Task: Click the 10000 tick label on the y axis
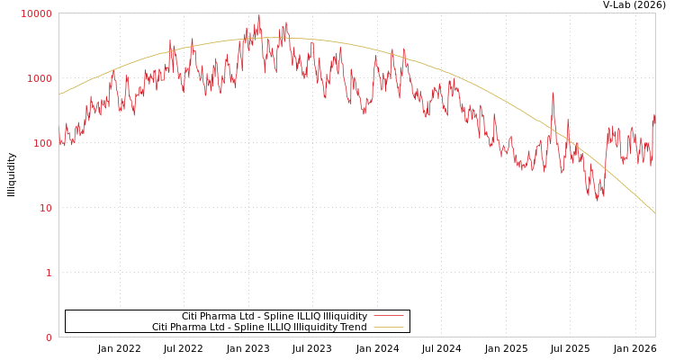click(37, 13)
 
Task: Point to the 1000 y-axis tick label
click(40, 78)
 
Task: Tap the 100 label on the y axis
click(41, 143)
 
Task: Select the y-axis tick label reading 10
click(44, 208)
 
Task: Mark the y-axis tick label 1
click(49, 273)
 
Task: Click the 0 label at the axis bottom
click(49, 337)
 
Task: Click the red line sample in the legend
click(388, 316)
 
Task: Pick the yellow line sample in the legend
click(388, 327)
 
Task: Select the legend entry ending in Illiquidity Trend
click(259, 327)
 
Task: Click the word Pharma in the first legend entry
click(220, 316)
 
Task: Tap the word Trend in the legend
click(352, 327)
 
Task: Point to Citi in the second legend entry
click(161, 327)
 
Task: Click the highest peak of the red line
click(259, 15)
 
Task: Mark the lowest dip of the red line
click(597, 200)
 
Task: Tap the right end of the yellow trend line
click(654, 213)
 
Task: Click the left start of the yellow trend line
click(59, 94)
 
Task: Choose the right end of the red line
click(654, 115)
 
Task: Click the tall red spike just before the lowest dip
click(553, 93)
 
